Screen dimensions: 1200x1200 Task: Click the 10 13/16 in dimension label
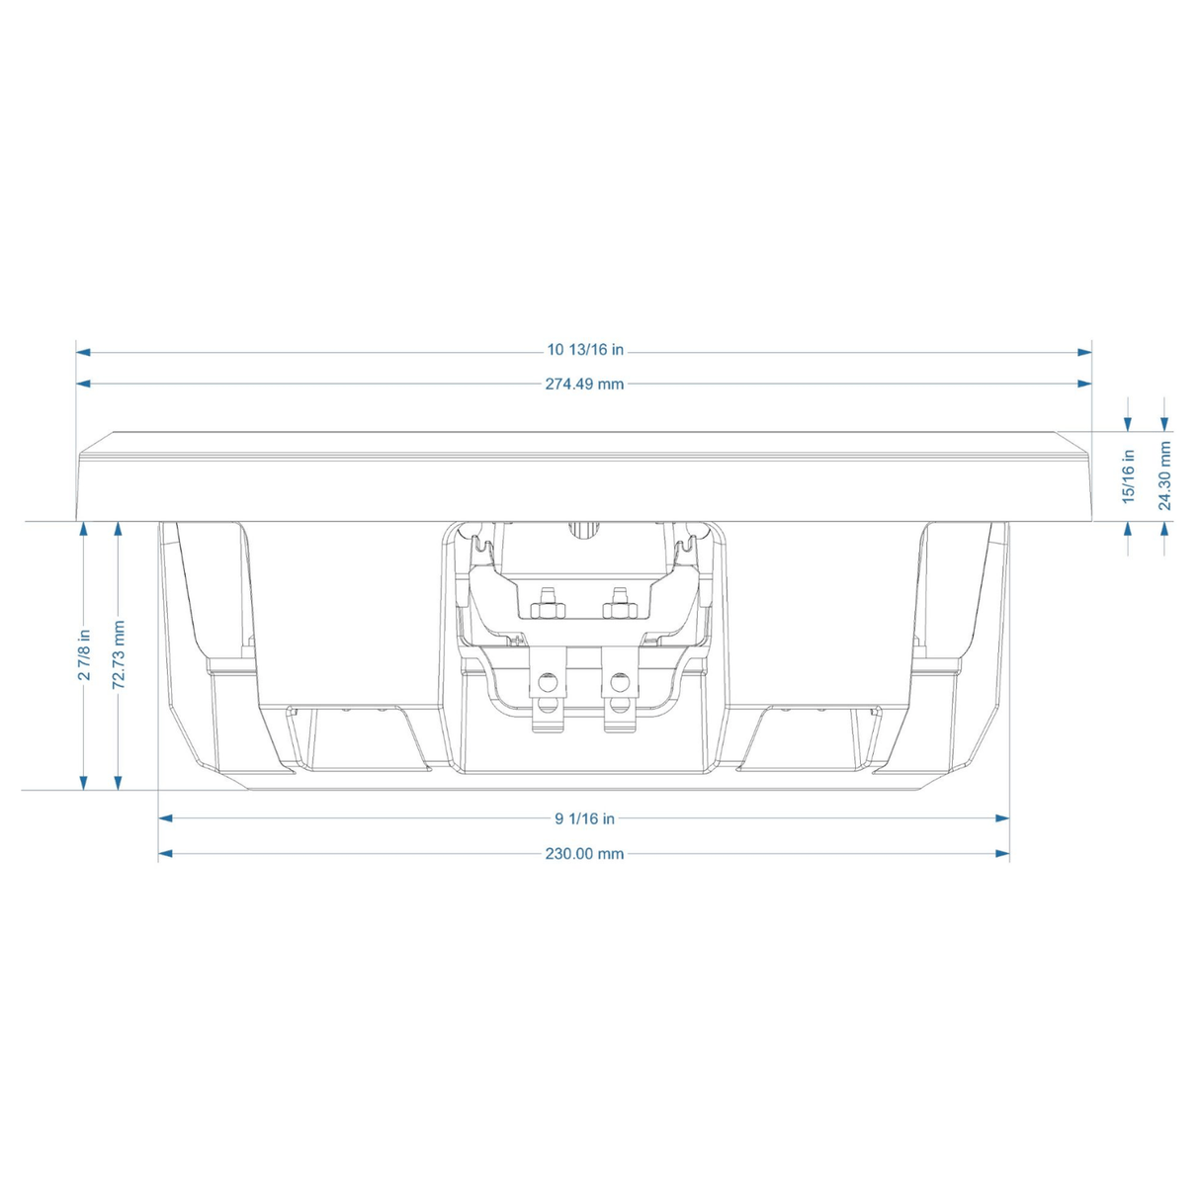585,350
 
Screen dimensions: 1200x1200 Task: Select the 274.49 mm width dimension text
584,384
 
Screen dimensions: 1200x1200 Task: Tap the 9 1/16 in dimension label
584,818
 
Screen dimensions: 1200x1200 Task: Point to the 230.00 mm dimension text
584,853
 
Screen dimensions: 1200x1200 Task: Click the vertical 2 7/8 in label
85,654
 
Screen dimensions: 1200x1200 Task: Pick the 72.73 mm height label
119,654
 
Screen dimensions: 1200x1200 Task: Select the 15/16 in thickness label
1129,476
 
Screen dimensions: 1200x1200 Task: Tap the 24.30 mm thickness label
1165,476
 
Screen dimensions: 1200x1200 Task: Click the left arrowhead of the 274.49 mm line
84,384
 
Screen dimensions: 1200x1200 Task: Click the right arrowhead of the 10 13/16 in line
1084,351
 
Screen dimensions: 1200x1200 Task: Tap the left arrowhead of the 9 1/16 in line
166,818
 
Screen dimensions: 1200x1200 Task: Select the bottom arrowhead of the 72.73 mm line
119,782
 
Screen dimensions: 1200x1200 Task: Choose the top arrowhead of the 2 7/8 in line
85,530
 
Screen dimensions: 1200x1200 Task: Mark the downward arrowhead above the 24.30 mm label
1165,423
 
